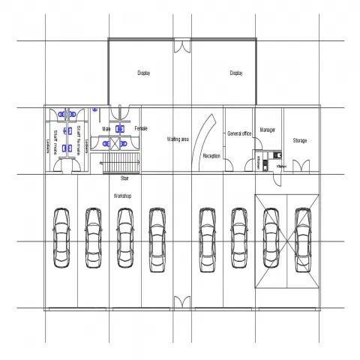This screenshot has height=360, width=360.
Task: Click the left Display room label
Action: tap(144, 73)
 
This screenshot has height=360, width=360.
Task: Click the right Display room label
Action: tap(236, 73)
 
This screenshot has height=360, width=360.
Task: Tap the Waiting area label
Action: tap(178, 139)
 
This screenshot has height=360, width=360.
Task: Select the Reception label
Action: tap(211, 156)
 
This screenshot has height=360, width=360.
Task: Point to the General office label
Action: tap(238, 133)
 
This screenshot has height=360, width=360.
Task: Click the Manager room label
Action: tap(268, 130)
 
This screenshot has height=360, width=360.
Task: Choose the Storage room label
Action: tap(300, 140)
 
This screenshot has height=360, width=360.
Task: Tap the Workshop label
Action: tap(123, 195)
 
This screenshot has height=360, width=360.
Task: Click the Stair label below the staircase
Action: tap(124, 178)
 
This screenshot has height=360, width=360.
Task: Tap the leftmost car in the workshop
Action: tap(61, 237)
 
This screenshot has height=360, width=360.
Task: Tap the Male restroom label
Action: tap(106, 129)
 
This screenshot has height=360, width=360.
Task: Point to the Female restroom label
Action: tap(141, 129)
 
